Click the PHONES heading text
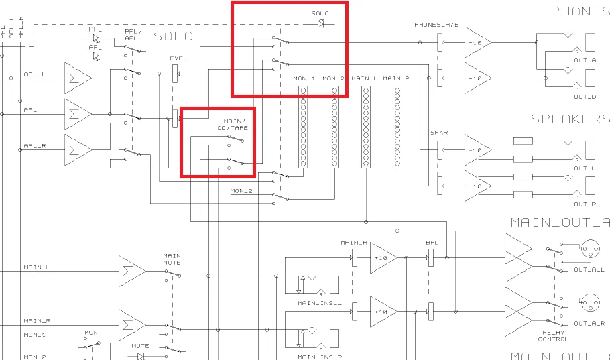(x=580, y=11)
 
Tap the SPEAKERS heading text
(x=570, y=119)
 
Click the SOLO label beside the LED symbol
(x=320, y=13)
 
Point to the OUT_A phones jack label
(x=585, y=60)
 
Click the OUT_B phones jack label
(x=585, y=97)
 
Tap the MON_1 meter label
(x=304, y=79)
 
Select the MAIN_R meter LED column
(x=396, y=127)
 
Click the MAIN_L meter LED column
(x=366, y=127)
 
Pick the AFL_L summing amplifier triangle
(x=77, y=78)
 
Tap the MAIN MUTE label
(x=172, y=259)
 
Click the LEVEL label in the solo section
(x=176, y=58)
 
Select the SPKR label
(x=439, y=132)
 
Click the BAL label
(x=432, y=242)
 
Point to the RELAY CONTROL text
(x=553, y=335)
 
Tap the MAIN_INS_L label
(x=320, y=303)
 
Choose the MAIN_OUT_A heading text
(x=560, y=223)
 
